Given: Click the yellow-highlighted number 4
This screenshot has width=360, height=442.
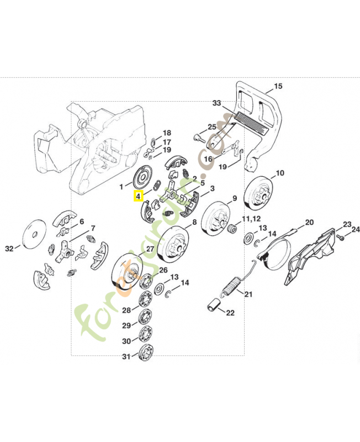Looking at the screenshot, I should click(x=138, y=196).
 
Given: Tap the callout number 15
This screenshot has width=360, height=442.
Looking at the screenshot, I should click(x=278, y=86).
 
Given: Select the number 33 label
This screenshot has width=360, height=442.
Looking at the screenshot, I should click(x=216, y=103).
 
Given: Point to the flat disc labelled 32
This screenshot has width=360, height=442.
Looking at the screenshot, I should click(x=35, y=234).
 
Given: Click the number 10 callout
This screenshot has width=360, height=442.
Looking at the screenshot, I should click(x=280, y=173).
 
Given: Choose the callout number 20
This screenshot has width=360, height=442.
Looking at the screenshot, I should click(x=309, y=222).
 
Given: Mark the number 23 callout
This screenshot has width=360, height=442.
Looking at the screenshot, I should click(x=346, y=224).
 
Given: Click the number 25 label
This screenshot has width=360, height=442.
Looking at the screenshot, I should click(x=212, y=127).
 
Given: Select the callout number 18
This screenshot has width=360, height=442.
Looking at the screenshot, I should click(x=167, y=133).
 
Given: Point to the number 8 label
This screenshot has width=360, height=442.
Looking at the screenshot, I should click(x=194, y=223).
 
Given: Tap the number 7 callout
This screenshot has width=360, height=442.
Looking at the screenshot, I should click(x=92, y=228).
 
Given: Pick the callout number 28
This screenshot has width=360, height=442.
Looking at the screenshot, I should click(x=126, y=310).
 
